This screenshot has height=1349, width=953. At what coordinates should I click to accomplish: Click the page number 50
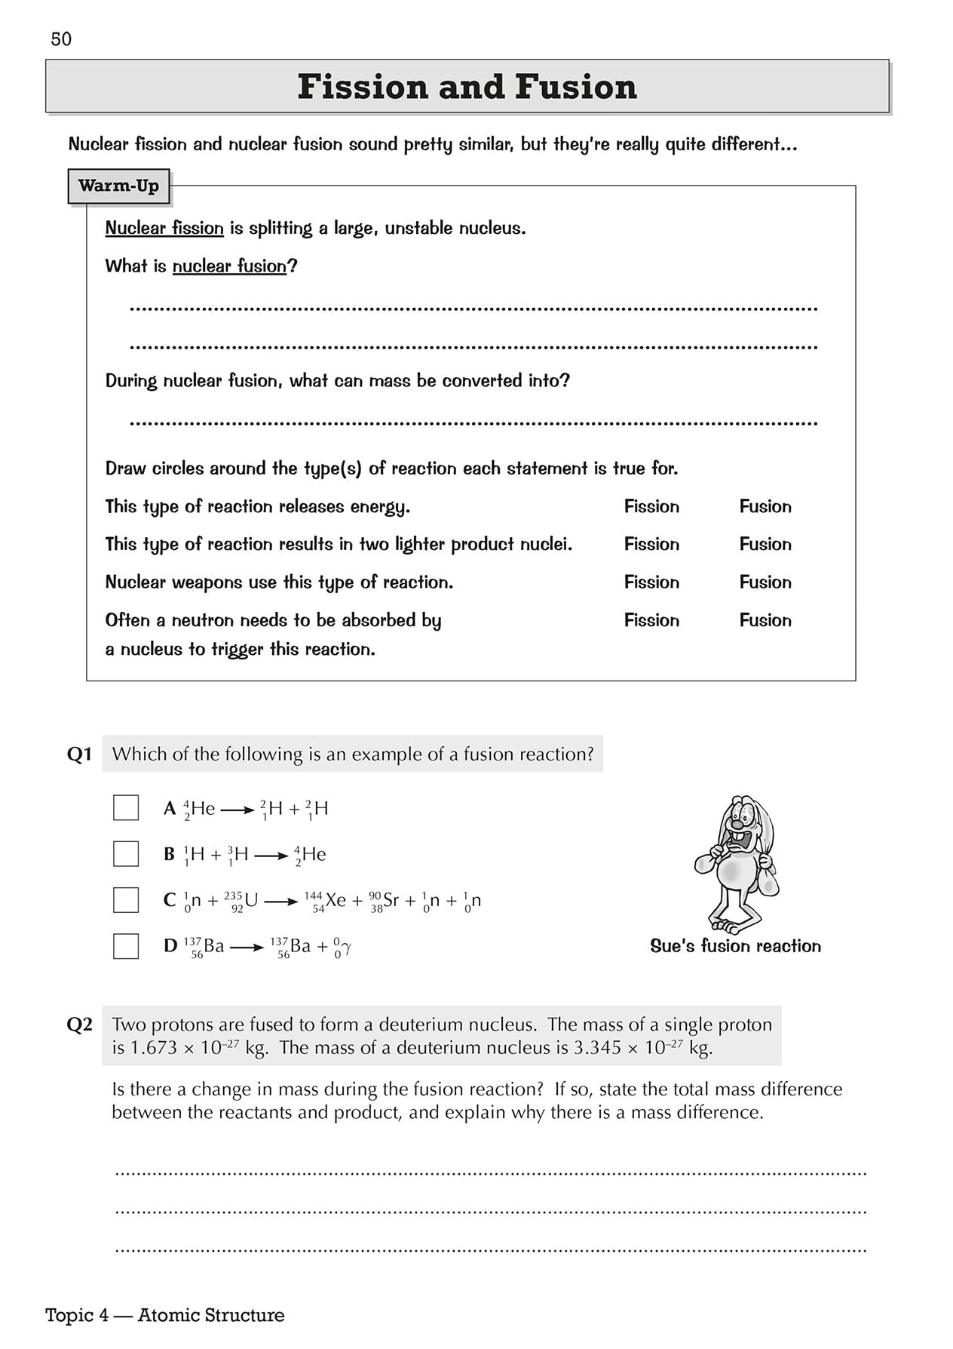61,39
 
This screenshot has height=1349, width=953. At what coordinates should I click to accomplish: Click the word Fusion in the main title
576,87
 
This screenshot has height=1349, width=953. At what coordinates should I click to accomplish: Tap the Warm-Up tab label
118,186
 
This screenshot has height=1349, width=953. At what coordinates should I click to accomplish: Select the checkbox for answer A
126,807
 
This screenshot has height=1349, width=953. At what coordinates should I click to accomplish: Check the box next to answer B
126,853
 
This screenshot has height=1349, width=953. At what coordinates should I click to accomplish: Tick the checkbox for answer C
126,899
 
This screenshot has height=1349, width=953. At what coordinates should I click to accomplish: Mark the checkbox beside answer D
126,945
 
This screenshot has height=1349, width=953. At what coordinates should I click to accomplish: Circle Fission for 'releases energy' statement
651,506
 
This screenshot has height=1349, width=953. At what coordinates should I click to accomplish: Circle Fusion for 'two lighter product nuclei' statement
765,544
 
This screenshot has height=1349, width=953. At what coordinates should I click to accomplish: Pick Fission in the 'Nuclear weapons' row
651,582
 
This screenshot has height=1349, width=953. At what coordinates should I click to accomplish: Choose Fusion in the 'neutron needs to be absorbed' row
765,620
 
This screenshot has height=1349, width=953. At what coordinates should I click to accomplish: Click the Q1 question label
79,754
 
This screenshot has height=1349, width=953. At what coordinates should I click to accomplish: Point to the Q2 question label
79,1024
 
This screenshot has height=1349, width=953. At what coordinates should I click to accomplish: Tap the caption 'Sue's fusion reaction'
735,946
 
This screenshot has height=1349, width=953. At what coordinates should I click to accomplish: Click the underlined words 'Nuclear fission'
164,228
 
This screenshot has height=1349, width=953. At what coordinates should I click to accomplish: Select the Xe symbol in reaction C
336,899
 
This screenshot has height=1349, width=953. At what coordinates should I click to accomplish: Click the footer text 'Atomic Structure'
211,1315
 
